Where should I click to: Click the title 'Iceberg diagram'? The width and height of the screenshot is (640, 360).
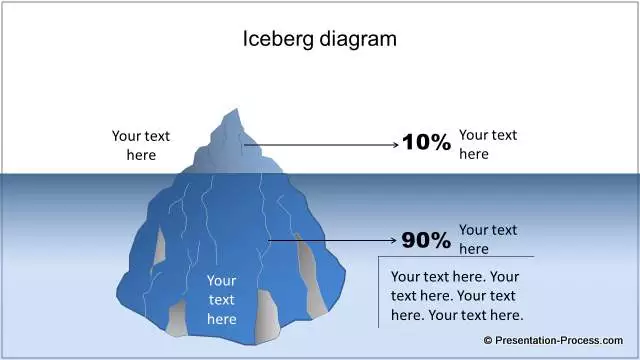point(320,39)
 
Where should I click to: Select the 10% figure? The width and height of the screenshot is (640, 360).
point(427,143)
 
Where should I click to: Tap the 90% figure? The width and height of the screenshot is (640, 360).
point(427,240)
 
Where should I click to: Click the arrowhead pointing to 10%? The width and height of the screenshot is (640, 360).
point(394,144)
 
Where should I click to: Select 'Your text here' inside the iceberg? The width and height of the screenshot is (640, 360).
point(221,300)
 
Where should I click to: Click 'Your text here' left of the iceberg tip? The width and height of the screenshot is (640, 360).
point(141,145)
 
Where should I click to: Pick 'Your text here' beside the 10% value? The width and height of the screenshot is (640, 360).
point(488,144)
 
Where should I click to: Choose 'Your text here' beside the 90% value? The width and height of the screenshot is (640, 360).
point(488,239)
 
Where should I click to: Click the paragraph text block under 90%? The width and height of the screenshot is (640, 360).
point(456,295)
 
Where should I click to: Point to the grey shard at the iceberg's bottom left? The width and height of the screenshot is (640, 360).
point(178,318)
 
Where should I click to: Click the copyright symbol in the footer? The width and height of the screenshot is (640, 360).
point(489,341)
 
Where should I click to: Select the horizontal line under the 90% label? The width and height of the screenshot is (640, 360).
point(455,257)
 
